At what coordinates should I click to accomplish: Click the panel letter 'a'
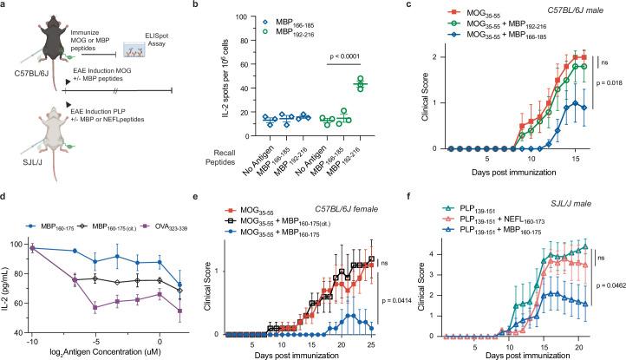click(4, 6)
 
